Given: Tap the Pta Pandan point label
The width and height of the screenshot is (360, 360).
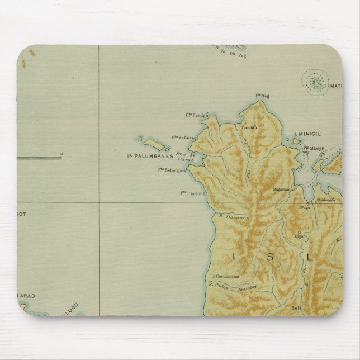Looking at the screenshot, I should [197, 115].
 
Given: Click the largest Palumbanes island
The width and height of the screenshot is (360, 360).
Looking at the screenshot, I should [161, 145].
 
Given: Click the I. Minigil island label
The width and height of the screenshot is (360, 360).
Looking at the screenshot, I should [307, 135].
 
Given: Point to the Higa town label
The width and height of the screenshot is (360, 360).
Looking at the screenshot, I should [300, 235].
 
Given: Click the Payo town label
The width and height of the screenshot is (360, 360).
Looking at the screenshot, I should [305, 207].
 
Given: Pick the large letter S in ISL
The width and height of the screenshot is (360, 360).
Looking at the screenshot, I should [272, 257].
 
